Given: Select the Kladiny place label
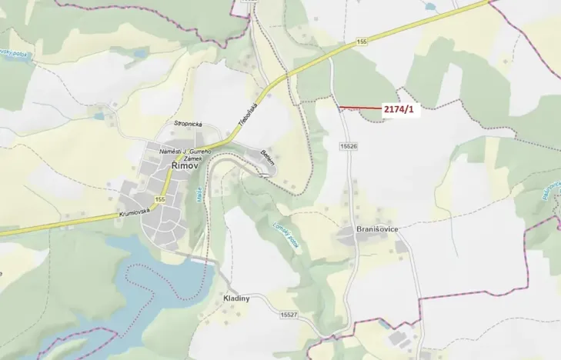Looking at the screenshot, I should [235, 298].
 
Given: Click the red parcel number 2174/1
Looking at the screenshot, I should [399, 110].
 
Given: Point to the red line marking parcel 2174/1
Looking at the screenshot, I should [359, 108].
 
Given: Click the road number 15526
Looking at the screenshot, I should [348, 145].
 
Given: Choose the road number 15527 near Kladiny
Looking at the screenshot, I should [289, 315].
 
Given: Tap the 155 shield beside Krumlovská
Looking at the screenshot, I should [159, 199].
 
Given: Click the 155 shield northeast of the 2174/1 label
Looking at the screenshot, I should [362, 40].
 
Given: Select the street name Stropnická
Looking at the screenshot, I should [188, 123].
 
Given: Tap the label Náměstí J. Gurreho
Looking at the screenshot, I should [185, 151].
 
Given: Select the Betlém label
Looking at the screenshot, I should [268, 158].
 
